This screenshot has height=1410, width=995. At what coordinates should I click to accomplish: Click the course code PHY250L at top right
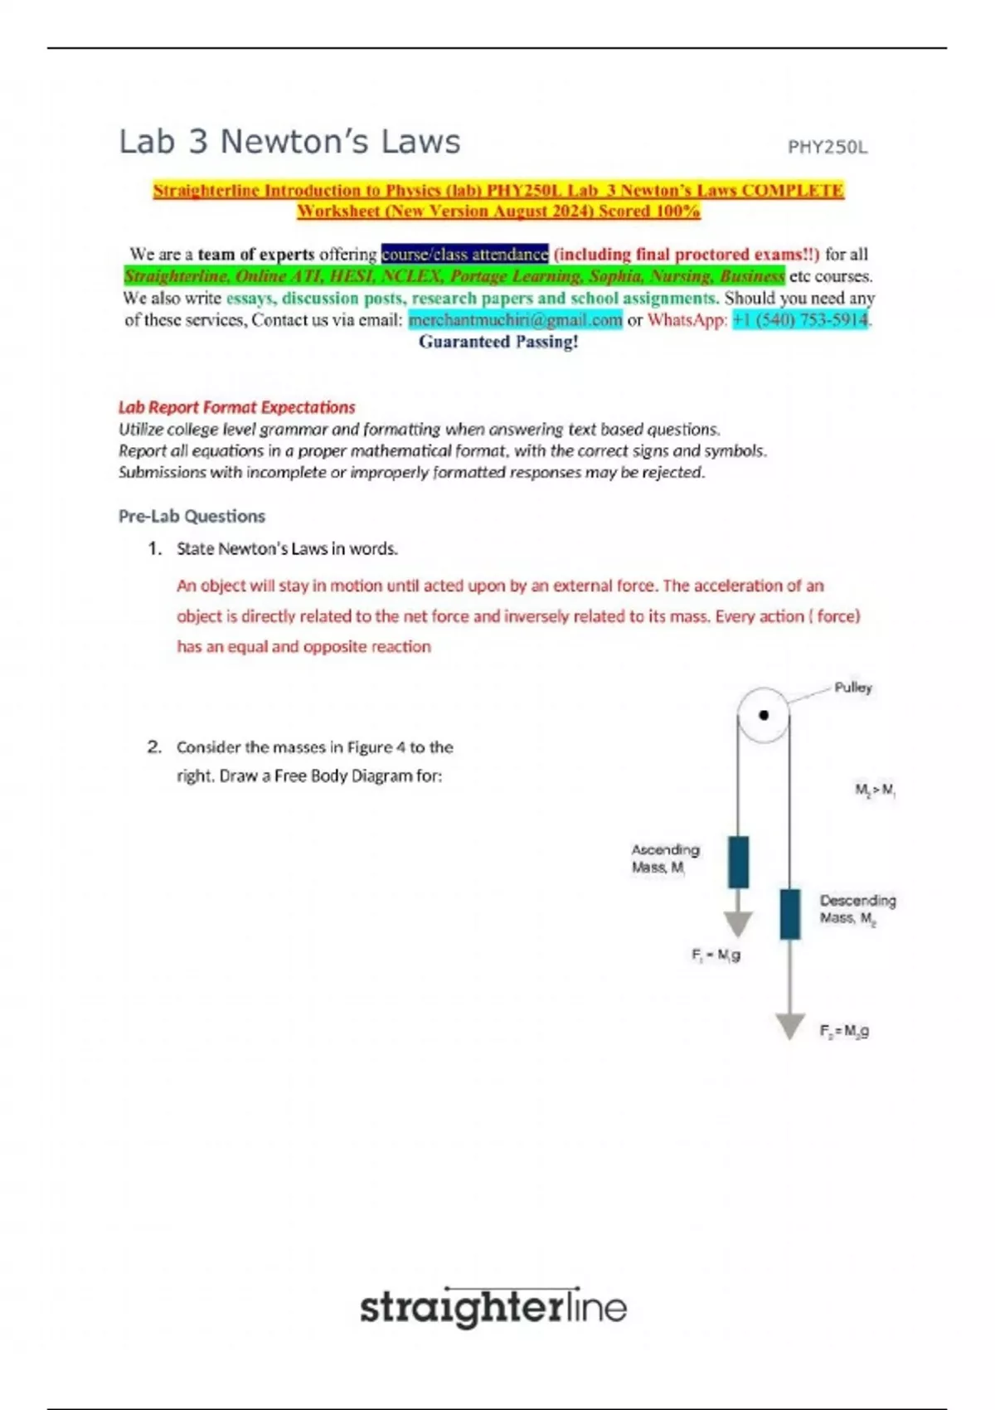[x=827, y=148]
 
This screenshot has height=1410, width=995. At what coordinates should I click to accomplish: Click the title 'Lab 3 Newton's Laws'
[x=289, y=142]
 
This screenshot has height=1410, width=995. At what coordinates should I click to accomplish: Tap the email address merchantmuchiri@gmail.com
[x=515, y=320]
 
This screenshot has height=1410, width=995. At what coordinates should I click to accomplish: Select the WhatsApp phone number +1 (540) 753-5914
[x=800, y=320]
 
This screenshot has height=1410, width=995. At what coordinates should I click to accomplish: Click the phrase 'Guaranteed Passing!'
[x=498, y=342]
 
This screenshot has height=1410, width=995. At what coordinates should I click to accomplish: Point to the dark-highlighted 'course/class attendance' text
[x=464, y=254]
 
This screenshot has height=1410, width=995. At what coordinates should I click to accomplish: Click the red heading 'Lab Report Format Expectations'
[x=236, y=407]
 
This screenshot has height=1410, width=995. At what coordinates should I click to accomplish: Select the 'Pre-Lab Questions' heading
[x=192, y=516]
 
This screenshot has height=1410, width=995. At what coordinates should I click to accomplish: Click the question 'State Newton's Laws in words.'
[x=287, y=549]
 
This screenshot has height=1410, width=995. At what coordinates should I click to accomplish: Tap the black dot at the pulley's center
[x=764, y=715]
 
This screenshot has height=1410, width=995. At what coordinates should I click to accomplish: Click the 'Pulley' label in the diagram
[x=852, y=688]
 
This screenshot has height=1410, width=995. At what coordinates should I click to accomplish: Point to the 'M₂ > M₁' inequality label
[x=875, y=790]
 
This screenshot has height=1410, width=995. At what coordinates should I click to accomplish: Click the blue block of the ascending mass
[x=738, y=862]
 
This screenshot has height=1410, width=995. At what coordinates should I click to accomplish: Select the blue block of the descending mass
[x=790, y=914]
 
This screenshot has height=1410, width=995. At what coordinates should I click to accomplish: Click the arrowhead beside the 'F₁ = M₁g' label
[x=738, y=923]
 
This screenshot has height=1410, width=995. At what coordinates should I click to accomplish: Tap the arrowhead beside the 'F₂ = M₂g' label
[x=790, y=1025]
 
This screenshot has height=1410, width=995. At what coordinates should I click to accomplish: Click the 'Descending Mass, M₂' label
[x=857, y=909]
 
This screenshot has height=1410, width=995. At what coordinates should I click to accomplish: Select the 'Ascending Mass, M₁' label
[x=665, y=858]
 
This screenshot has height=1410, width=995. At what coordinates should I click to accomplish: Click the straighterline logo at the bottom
[x=493, y=1309]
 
